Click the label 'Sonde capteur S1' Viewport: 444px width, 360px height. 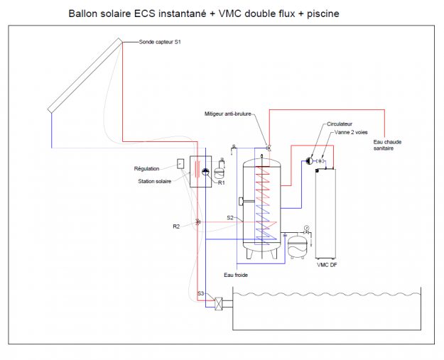click(x=160, y=43)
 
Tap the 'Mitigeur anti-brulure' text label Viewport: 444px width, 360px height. click(x=231, y=113)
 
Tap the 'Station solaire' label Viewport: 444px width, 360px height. click(x=154, y=181)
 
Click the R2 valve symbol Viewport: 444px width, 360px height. click(x=197, y=222)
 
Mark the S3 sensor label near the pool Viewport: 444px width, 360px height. click(x=201, y=293)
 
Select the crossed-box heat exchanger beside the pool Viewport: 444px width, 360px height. click(x=222, y=302)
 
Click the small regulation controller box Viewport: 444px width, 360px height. click(x=180, y=164)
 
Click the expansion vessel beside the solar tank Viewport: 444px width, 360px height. click(x=297, y=246)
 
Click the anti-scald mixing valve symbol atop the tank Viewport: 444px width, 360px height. click(x=269, y=147)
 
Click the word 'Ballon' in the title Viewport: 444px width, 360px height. click(x=84, y=13)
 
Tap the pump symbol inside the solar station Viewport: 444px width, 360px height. click(x=202, y=171)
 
